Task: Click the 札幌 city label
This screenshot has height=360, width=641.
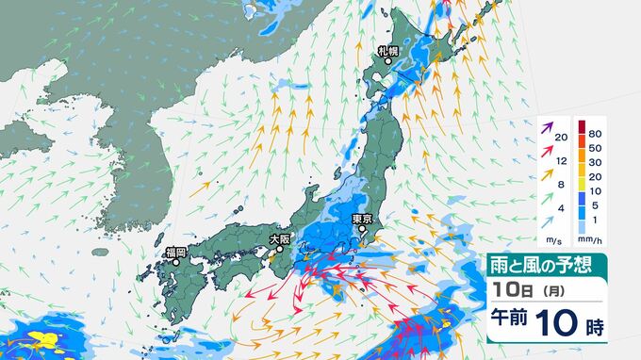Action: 388,51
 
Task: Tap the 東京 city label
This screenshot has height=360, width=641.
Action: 364,219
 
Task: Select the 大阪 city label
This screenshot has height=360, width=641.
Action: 280,239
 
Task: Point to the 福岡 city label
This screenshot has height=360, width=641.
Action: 174,252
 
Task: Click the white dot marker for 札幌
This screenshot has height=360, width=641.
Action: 387,63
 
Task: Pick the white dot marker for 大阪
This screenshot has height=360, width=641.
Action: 279,252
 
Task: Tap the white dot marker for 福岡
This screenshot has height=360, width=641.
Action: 174,264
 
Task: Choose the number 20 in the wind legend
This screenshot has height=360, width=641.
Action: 561,139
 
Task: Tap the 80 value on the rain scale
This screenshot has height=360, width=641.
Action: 595,134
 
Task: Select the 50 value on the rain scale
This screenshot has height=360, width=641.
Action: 595,149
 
